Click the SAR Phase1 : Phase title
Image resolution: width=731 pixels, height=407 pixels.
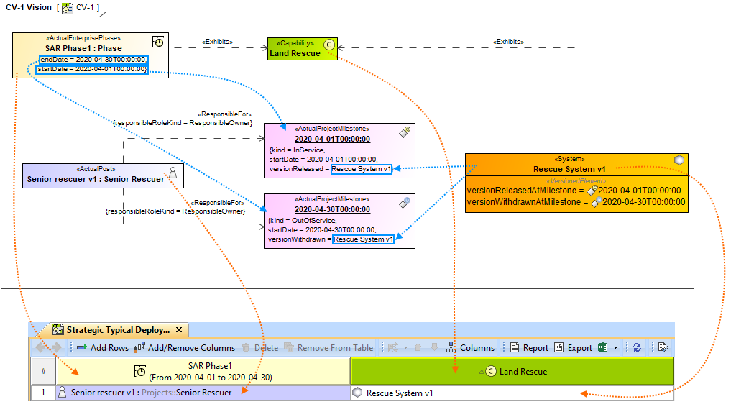(x=83, y=48)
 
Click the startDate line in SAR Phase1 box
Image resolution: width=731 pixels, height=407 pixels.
(x=92, y=69)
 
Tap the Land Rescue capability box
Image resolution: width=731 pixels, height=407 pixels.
(x=302, y=49)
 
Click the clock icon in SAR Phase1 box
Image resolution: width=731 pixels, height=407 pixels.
(x=159, y=42)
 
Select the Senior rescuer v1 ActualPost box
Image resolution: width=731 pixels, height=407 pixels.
(x=103, y=175)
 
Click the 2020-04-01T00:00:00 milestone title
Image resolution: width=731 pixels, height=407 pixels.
(x=332, y=140)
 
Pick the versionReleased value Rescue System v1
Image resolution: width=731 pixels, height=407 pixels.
(x=361, y=169)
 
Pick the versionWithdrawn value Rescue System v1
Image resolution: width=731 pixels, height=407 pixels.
(x=364, y=239)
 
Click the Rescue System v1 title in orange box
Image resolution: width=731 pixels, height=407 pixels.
(x=569, y=169)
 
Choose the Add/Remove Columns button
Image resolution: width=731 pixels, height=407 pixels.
(x=185, y=348)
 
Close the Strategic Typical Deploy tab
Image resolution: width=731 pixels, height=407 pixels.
(x=179, y=330)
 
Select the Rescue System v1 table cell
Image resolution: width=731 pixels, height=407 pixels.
(x=399, y=393)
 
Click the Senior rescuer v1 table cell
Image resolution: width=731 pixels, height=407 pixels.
(x=151, y=393)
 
